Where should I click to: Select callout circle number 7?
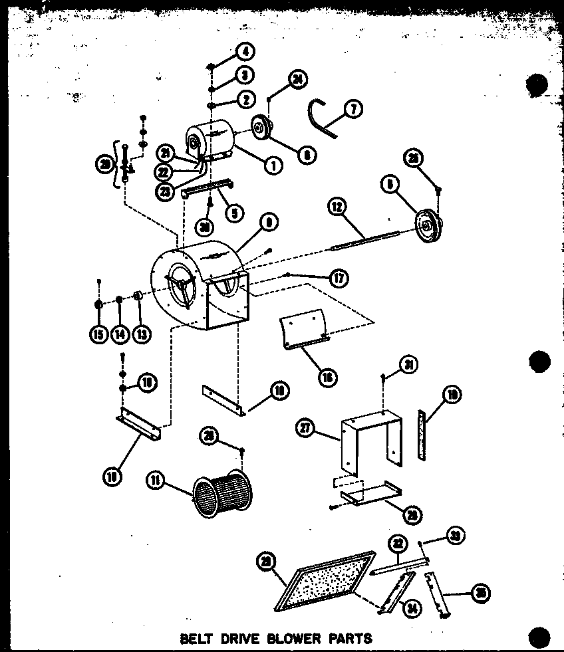click(x=353, y=108)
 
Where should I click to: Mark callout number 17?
click(x=339, y=278)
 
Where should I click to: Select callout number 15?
click(x=98, y=334)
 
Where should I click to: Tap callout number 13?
click(x=141, y=334)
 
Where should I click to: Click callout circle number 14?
click(x=120, y=334)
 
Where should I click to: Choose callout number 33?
click(x=456, y=536)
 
